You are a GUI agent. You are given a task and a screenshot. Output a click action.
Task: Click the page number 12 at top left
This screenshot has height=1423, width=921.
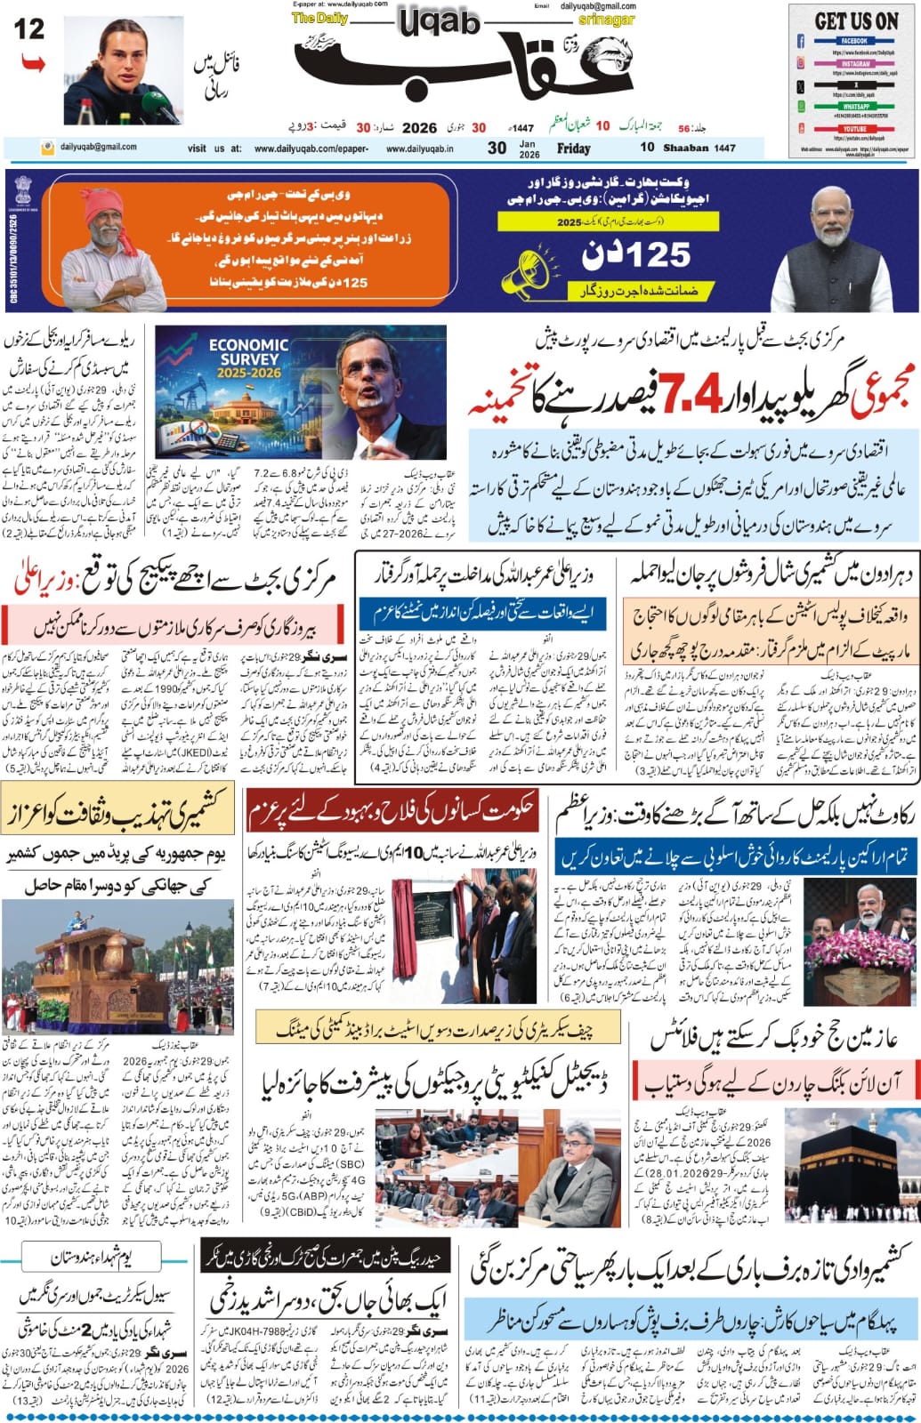tap(29, 29)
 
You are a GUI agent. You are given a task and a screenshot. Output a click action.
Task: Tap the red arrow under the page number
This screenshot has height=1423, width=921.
tap(32, 64)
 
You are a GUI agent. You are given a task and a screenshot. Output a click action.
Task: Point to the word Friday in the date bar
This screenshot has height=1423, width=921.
tap(574, 149)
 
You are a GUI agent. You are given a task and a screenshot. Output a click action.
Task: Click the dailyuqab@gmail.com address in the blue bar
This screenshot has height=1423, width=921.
tap(98, 148)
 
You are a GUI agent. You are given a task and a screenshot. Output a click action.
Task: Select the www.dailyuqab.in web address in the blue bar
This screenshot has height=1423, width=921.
tap(419, 149)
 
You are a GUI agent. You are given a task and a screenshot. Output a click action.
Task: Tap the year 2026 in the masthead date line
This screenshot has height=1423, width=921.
tap(419, 127)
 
